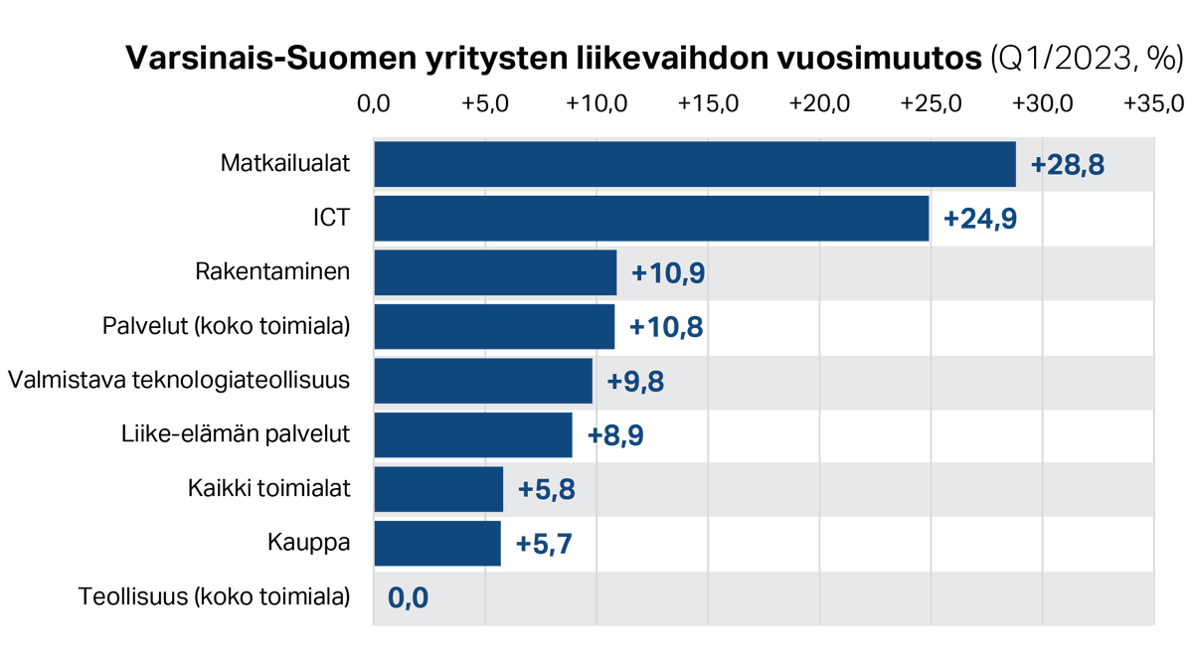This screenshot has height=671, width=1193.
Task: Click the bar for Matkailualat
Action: point(694,164)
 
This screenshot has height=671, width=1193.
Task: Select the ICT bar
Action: point(651,218)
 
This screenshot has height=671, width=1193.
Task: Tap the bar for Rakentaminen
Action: point(495,272)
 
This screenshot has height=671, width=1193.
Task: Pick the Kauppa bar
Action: point(437,544)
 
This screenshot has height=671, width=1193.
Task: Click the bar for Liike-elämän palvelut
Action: point(473,435)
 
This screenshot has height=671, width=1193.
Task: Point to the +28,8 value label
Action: point(1067,165)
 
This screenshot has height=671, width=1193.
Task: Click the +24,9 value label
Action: point(980,219)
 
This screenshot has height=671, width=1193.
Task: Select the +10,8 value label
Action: point(666,327)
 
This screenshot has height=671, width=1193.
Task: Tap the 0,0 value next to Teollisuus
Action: point(408,598)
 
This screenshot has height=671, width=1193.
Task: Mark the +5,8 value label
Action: point(547,490)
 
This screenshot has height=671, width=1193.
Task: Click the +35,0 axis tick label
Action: point(1153,104)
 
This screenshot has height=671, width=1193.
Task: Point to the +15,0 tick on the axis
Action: point(708,104)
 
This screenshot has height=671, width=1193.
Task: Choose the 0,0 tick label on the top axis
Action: point(374,104)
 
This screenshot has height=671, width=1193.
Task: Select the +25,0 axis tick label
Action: point(931,104)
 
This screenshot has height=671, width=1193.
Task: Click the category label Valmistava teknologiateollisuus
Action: point(179,381)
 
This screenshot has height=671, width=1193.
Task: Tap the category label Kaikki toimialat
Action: point(268,489)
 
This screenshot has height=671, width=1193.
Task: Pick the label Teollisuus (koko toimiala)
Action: point(214,597)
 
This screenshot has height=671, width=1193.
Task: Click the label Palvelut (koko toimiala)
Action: point(227,326)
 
